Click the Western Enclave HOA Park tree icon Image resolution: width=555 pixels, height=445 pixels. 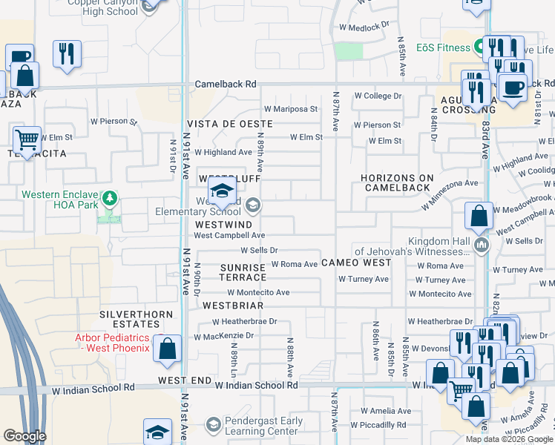pyautogui.click(x=110, y=198)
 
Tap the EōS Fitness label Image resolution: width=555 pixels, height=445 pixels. pyautogui.click(x=442, y=48)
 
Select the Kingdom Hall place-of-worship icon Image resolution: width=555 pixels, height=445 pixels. pyautogui.click(x=482, y=245)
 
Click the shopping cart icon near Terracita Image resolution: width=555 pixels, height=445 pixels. pyautogui.click(x=27, y=139)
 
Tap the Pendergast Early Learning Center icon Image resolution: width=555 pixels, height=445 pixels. pyautogui.click(x=213, y=424)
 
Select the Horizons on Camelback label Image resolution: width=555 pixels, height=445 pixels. pyautogui.click(x=397, y=182)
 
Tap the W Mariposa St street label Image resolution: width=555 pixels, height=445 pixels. pyautogui.click(x=291, y=109)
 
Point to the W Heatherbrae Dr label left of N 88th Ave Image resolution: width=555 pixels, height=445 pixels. pyautogui.click(x=244, y=322)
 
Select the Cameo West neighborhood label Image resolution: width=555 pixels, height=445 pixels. pyautogui.click(x=356, y=263)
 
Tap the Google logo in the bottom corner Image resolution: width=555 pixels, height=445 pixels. pyautogui.click(x=24, y=436)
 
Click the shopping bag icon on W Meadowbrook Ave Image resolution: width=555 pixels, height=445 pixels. pyautogui.click(x=479, y=217)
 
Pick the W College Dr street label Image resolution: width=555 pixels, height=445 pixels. pyautogui.click(x=377, y=96)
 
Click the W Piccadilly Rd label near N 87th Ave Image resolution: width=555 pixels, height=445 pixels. pyautogui.click(x=378, y=426)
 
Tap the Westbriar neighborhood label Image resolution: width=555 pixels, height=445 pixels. pyautogui.click(x=234, y=305)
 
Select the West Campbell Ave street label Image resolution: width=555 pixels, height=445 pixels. pyautogui.click(x=229, y=235)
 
